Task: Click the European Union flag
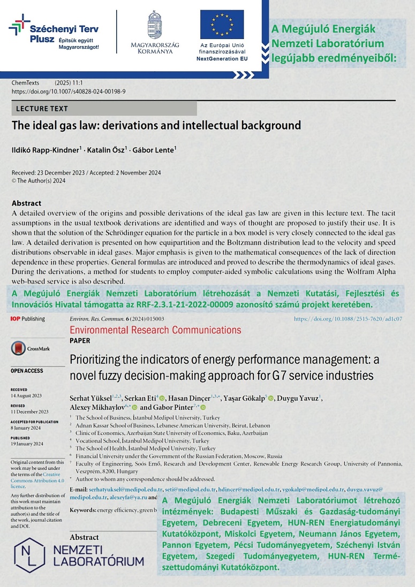pos(222,24)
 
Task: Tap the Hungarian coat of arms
pos(155,24)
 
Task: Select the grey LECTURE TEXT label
pos(42,109)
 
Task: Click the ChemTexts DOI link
pos(69,92)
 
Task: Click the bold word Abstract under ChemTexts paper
pos(26,203)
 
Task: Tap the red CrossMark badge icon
pos(19,348)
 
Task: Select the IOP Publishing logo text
pos(27,319)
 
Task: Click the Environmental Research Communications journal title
pos(155,330)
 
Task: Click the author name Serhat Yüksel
pos(90,398)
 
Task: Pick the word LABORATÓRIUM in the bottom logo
pos(99,561)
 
